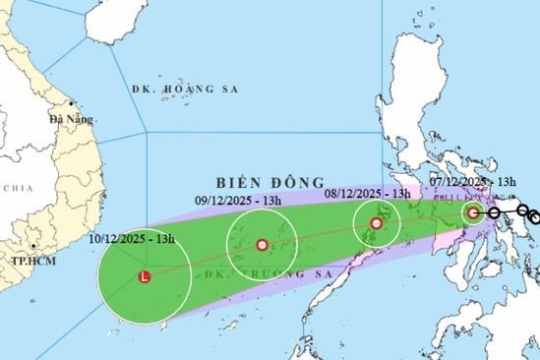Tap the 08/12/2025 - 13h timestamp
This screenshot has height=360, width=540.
click(x=368, y=195)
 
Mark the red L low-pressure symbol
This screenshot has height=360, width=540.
click(x=146, y=277)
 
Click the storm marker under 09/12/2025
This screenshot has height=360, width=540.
click(x=262, y=245)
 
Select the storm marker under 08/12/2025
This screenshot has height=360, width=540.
click(x=377, y=223)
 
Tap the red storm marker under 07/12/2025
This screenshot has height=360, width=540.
click(x=473, y=212)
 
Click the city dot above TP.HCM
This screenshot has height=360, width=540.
click(x=32, y=247)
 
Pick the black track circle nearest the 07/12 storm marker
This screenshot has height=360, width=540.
click(x=494, y=211)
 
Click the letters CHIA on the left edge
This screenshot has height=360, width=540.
click(x=17, y=187)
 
